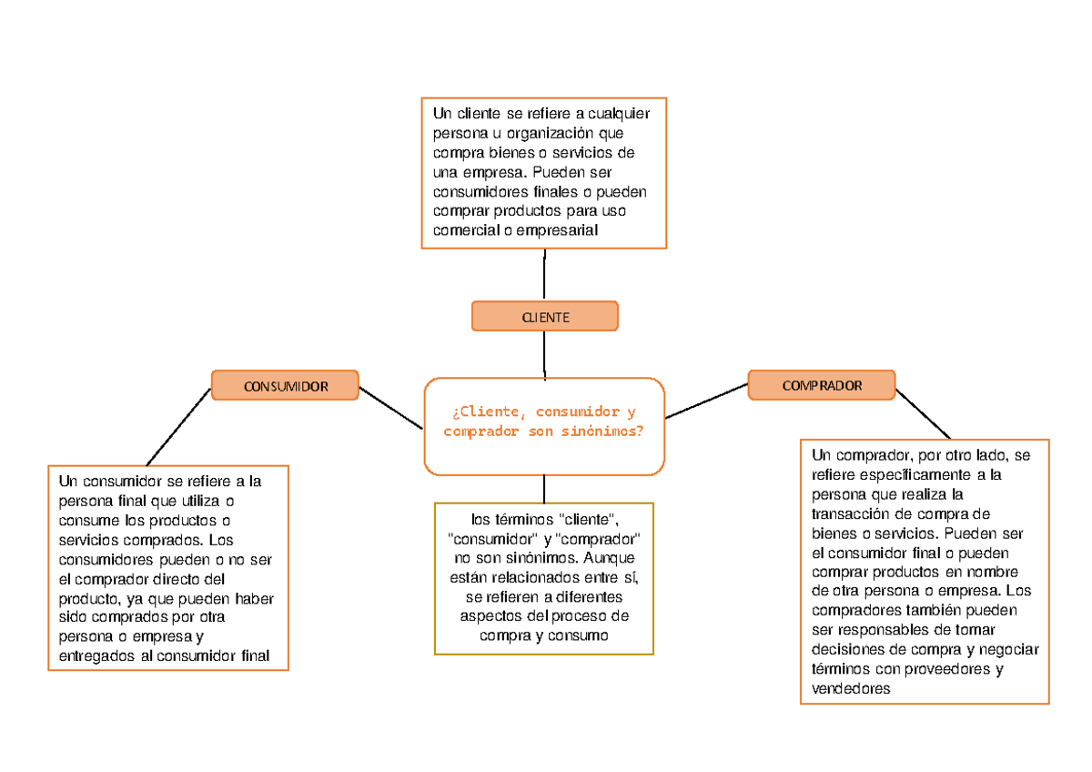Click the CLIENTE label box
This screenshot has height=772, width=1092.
pyautogui.click(x=544, y=316)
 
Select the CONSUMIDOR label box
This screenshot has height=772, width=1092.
pyautogui.click(x=285, y=385)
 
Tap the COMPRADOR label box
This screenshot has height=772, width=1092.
pyautogui.click(x=821, y=385)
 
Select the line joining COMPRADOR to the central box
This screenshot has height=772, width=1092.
pyautogui.click(x=706, y=401)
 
